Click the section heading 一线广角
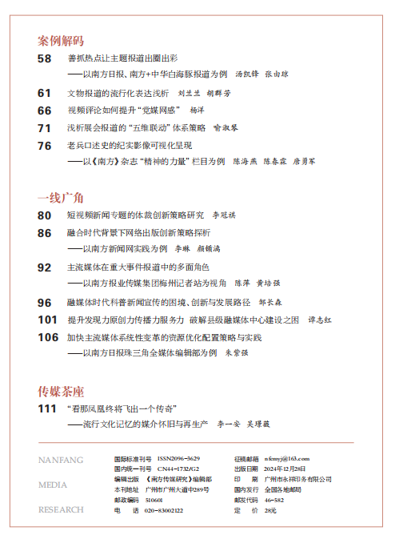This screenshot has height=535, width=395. (60, 196)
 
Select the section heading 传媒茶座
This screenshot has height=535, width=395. (60, 391)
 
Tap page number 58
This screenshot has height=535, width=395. (45, 58)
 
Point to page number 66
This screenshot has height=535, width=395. (45, 110)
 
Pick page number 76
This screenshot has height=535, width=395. (45, 145)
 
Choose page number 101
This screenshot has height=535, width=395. (47, 319)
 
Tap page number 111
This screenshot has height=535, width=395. (47, 408)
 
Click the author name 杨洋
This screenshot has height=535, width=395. (198, 111)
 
